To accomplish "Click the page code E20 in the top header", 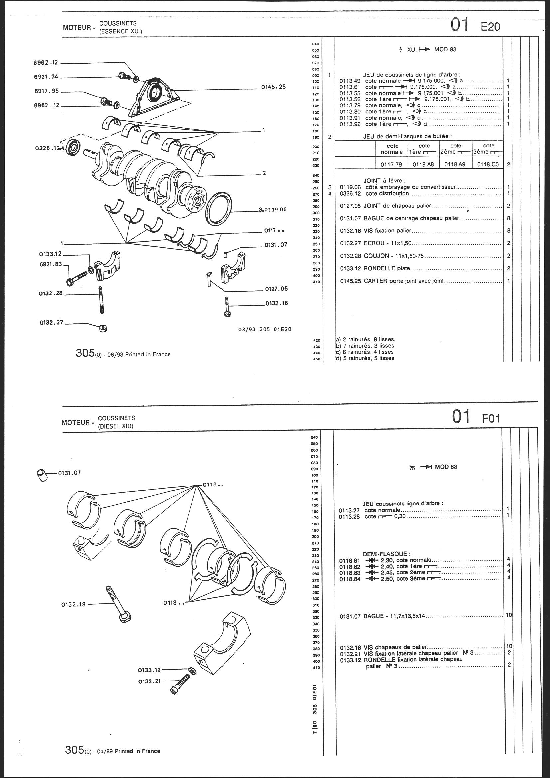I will pyautogui.click(x=490, y=26).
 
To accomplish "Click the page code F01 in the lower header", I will pyautogui.click(x=491, y=419).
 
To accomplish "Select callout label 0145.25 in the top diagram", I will pyautogui.click(x=273, y=87).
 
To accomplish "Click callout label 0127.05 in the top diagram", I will pyautogui.click(x=276, y=289).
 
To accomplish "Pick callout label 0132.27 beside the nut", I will pyautogui.click(x=51, y=323).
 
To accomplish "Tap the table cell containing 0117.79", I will pyautogui.click(x=391, y=165).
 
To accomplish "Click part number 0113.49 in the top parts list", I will pyautogui.click(x=349, y=81).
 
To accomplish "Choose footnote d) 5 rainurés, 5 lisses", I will pyautogui.click(x=365, y=358).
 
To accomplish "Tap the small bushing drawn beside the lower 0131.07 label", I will pyautogui.click(x=42, y=476).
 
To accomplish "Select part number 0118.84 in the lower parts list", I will pyautogui.click(x=349, y=579).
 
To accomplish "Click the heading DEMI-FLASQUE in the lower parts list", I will pyautogui.click(x=387, y=554).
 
